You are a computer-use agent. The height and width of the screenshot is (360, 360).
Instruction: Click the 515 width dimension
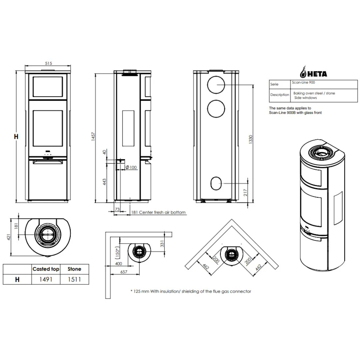pyautogui.click(x=48, y=64)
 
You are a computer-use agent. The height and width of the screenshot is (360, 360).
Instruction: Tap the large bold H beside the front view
pyautogui.click(x=16, y=136)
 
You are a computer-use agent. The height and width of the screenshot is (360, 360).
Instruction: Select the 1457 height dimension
pyautogui.click(x=93, y=136)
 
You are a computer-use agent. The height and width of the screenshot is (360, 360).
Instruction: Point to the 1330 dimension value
pyautogui.click(x=251, y=139)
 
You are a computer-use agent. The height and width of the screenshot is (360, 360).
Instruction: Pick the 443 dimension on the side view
pyautogui.click(x=104, y=182)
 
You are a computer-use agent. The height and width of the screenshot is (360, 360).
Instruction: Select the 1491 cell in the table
pyautogui.click(x=46, y=279)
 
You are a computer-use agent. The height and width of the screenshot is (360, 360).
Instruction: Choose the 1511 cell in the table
pyautogui.click(x=74, y=279)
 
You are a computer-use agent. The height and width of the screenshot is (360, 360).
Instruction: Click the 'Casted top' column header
pyautogui.click(x=46, y=269)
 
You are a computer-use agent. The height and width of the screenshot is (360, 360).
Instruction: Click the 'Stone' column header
pyautogui.click(x=74, y=269)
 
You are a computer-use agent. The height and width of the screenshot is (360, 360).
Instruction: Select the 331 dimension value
pyautogui.click(x=163, y=244)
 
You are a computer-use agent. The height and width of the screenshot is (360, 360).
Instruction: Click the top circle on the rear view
pyautogui.click(x=217, y=85)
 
